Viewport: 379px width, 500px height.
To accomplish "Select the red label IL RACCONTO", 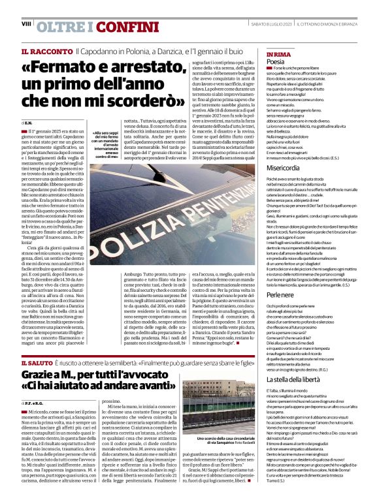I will click(x=46, y=51).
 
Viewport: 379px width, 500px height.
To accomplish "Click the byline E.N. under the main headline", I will click(x=28, y=123).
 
